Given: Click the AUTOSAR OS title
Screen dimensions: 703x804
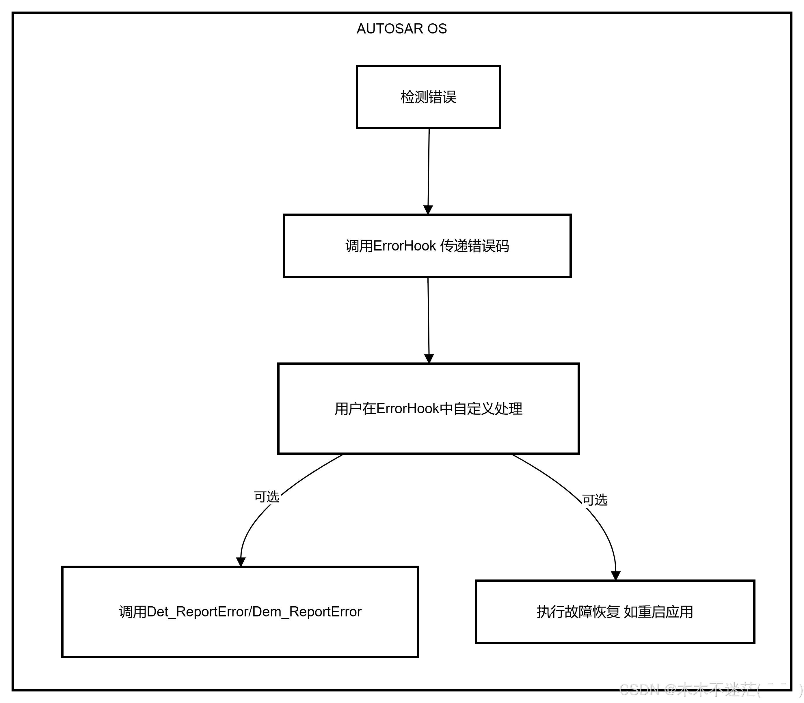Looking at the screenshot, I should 401,29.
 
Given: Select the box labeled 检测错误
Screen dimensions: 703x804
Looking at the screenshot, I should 428,97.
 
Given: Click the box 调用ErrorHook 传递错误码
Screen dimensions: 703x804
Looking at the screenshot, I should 427,246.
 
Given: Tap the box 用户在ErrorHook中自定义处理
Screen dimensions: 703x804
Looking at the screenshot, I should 428,409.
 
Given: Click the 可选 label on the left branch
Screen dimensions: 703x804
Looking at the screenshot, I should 266,497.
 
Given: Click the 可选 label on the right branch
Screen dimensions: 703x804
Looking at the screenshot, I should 594,500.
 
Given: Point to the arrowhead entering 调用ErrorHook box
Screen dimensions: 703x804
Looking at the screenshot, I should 428,210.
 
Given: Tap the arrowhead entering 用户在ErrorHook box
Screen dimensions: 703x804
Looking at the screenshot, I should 429,358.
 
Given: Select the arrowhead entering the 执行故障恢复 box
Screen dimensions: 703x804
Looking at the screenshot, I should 616,575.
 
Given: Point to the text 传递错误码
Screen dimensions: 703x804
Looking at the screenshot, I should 474,246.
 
